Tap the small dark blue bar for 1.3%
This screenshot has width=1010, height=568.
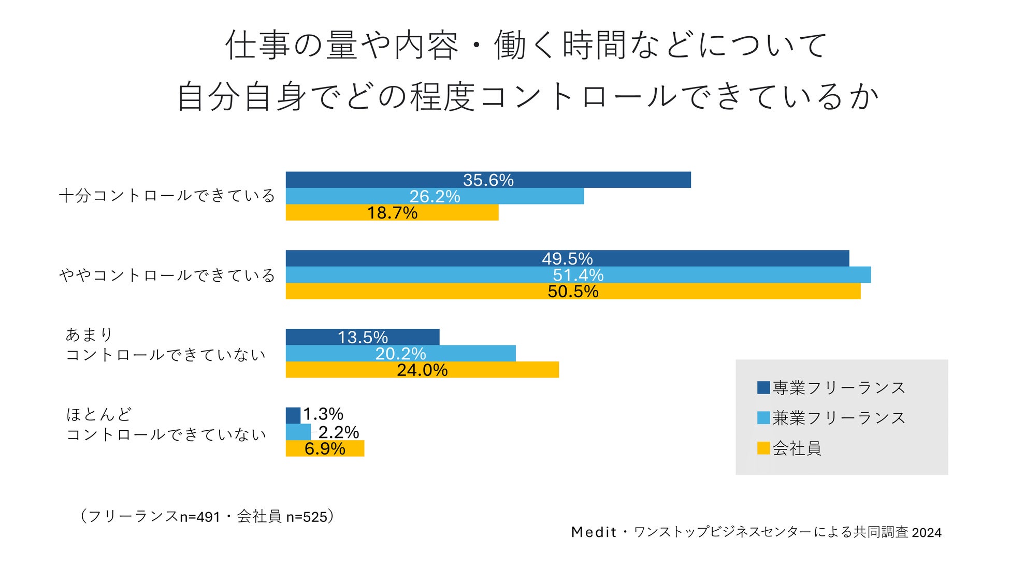click(x=293, y=415)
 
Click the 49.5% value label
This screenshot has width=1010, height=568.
click(x=567, y=258)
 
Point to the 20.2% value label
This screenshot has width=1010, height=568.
click(x=400, y=354)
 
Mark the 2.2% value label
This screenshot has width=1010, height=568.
click(x=339, y=432)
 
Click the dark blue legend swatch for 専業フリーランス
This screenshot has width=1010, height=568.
click(x=763, y=387)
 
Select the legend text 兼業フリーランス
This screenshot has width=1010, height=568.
click(x=839, y=418)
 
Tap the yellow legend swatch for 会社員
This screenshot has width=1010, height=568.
click(x=763, y=448)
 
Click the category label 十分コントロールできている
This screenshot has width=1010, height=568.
click(x=167, y=196)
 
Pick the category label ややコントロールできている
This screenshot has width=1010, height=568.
click(x=167, y=275)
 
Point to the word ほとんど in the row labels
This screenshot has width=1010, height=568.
click(x=99, y=414)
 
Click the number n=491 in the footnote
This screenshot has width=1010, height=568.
click(x=200, y=517)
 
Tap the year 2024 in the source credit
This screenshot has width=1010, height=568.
click(x=926, y=532)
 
